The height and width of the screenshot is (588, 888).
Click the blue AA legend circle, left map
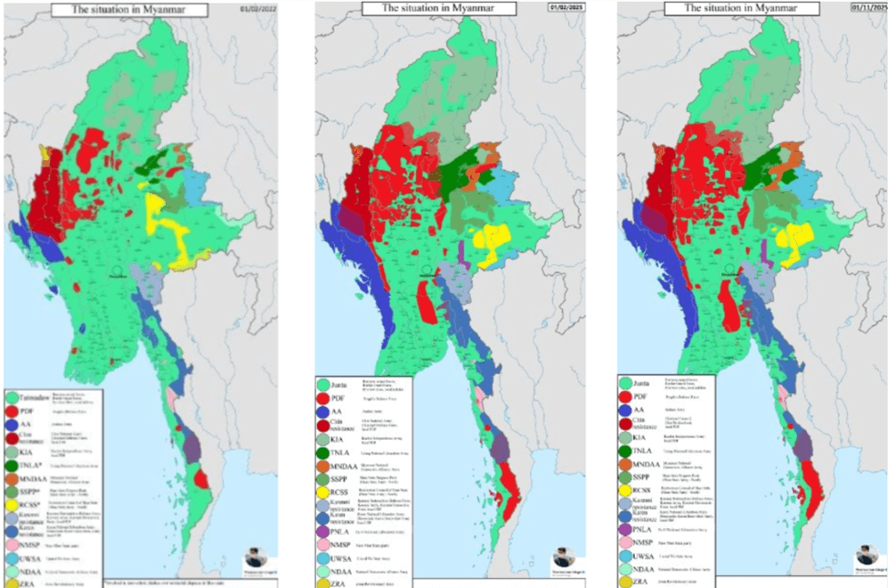tap(13, 423)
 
